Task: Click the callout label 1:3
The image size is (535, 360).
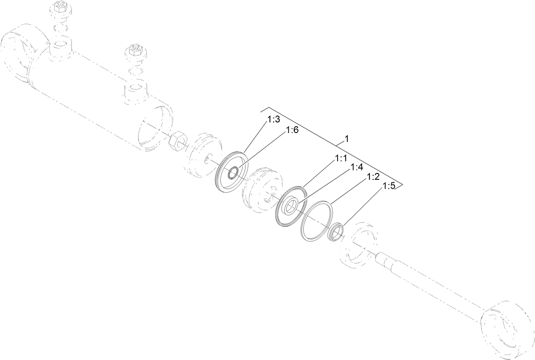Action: tap(273, 120)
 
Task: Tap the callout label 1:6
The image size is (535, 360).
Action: tap(293, 130)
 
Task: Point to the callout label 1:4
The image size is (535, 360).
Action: tap(356, 167)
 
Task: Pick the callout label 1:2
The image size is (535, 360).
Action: tap(373, 177)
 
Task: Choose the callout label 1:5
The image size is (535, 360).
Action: tap(389, 186)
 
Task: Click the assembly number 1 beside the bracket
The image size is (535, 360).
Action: tap(347, 139)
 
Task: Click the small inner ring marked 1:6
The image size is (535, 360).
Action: tap(233, 173)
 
